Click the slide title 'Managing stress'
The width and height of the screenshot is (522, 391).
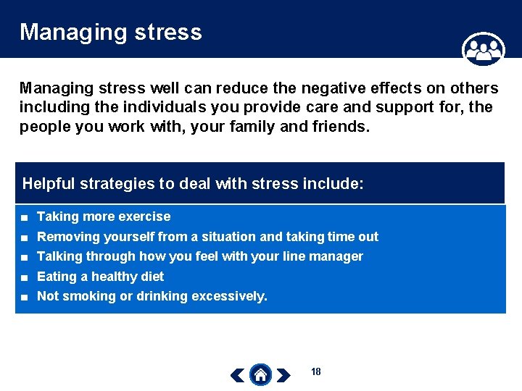tap(110, 33)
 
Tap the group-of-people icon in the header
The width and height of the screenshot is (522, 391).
tap(483, 49)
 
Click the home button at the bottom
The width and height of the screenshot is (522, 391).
tap(260, 374)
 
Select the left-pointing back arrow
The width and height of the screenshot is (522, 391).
tap(237, 374)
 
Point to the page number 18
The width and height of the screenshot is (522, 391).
tap(315, 371)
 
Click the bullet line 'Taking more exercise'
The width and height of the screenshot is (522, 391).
tap(104, 216)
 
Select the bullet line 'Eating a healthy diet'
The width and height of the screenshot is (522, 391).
tap(100, 277)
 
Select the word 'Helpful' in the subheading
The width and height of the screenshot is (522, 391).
tap(49, 183)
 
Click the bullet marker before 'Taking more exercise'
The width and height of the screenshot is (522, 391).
tap(25, 217)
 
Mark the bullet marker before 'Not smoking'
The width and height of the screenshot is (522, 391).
tap(25, 297)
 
